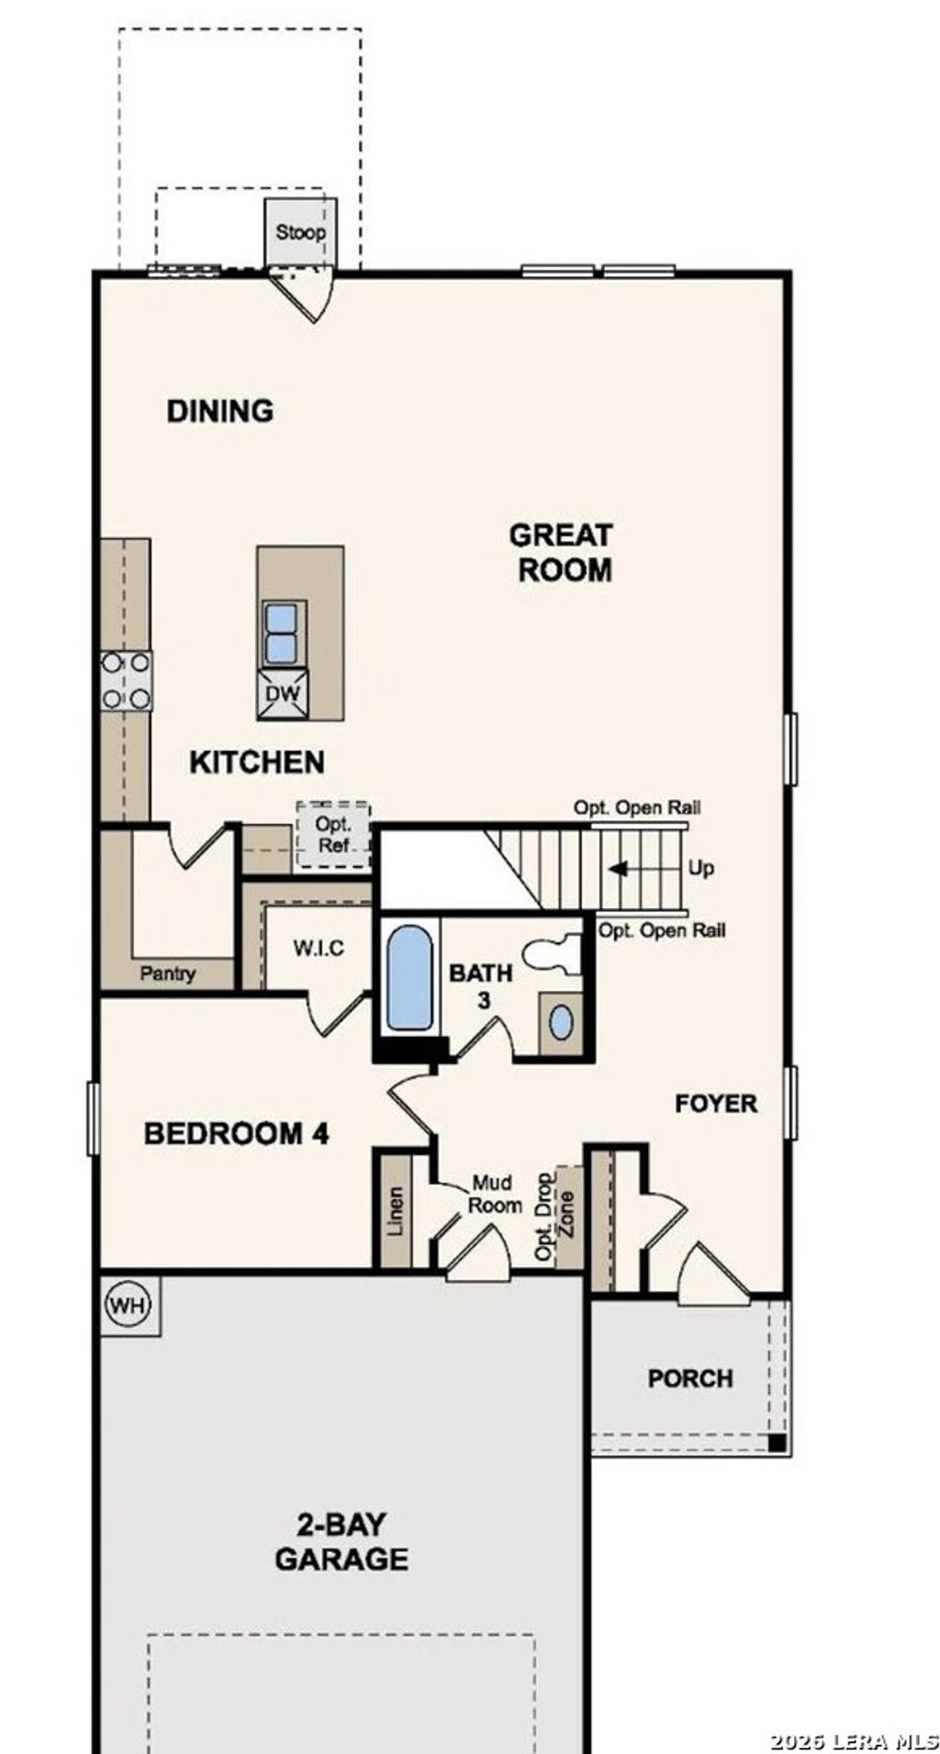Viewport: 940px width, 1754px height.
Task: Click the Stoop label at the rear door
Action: [x=300, y=232]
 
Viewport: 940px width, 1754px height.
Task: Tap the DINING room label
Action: [x=219, y=410]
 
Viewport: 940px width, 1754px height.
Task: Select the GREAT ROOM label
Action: [x=561, y=552]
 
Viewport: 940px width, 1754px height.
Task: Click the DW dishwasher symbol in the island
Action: [x=283, y=693]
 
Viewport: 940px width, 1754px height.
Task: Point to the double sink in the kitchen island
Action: [x=281, y=633]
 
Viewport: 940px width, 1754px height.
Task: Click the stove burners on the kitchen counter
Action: [x=126, y=680]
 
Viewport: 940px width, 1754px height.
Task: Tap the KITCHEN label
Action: [x=257, y=762]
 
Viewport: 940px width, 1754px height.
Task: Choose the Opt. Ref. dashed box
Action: [x=333, y=835]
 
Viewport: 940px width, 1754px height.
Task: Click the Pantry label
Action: [x=167, y=973]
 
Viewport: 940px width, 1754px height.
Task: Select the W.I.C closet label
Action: [x=319, y=947]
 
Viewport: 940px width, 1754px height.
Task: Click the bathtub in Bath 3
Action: [x=408, y=978]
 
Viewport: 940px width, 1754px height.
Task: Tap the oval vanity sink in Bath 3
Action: [x=560, y=1022]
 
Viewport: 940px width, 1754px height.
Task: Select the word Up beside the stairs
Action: [x=700, y=869]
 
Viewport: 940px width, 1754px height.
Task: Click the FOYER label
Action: [x=716, y=1104]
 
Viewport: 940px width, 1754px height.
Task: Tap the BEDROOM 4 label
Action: [x=236, y=1134]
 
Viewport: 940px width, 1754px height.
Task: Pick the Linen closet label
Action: [x=395, y=1211]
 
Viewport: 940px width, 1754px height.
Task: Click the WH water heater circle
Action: [x=128, y=1305]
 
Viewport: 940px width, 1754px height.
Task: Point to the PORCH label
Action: [x=690, y=1378]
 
